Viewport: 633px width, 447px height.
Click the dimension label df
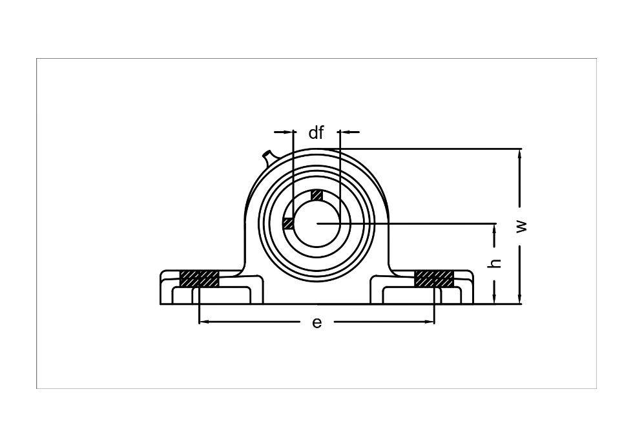click(316, 132)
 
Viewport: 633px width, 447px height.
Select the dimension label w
click(522, 226)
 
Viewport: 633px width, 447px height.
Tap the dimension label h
click(495, 264)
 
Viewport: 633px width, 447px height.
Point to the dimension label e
click(317, 322)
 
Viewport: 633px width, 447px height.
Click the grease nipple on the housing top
click(269, 157)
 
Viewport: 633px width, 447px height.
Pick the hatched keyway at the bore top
click(317, 195)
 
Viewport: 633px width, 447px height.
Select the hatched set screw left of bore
click(288, 224)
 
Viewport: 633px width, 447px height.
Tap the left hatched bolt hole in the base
click(199, 278)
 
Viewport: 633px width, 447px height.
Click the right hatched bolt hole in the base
click(434, 278)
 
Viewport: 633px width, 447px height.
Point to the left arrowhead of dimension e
click(204, 322)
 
